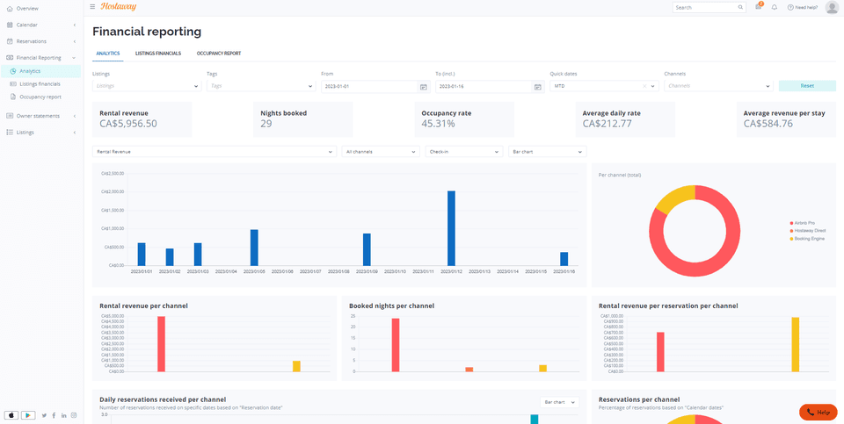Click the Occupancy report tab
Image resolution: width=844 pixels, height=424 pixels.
point(218,54)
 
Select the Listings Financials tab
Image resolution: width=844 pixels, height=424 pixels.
point(158,54)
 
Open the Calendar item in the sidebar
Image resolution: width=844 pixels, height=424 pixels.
point(26,25)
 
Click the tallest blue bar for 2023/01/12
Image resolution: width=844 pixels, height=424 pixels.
point(451,228)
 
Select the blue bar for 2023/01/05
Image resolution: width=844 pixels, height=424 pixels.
point(254,248)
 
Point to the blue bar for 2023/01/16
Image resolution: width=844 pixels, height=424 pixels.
point(564,259)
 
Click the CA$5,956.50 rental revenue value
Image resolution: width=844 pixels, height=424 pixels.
point(128,124)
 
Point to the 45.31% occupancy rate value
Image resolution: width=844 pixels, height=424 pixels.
point(438,124)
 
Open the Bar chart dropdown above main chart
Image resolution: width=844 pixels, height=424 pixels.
point(547,152)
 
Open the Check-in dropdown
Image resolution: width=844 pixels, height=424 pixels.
point(462,152)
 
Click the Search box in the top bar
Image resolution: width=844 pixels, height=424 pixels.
point(705,7)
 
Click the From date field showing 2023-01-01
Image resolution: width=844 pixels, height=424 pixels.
point(368,87)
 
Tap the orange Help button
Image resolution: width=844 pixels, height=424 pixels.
point(818,412)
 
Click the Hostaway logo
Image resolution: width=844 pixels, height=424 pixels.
point(119,7)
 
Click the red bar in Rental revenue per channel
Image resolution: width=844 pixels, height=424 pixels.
point(162,343)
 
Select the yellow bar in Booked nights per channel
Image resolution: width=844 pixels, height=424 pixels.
point(543,368)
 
